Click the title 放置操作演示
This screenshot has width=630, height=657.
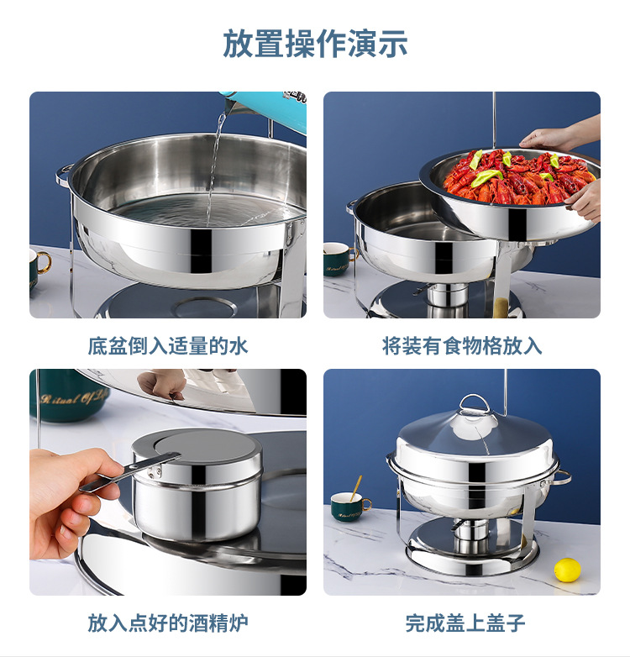pyautogui.click(x=315, y=44)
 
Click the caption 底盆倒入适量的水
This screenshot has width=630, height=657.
pyautogui.click(x=168, y=345)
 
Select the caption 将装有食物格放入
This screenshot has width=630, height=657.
pyautogui.click(x=462, y=345)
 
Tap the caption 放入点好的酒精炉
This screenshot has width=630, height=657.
pyautogui.click(x=168, y=623)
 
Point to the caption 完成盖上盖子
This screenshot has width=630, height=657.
pyautogui.click(x=465, y=623)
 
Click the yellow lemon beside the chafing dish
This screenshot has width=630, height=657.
pyautogui.click(x=567, y=570)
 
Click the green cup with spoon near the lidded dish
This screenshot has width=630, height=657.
pyautogui.click(x=349, y=505)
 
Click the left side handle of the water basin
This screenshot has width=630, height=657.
pyautogui.click(x=64, y=174)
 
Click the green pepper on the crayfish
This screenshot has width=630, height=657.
pyautogui.click(x=486, y=177)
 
